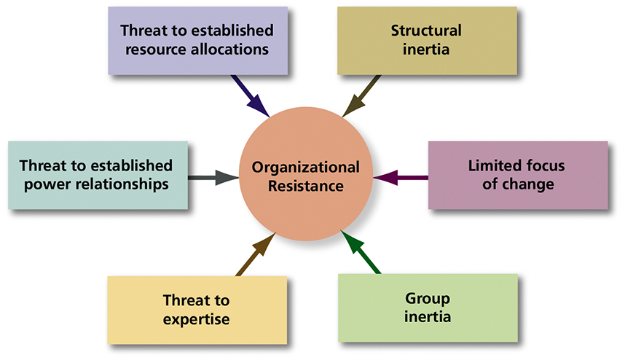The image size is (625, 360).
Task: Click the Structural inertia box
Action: click(427, 41)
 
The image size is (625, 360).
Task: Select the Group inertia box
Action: click(428, 308)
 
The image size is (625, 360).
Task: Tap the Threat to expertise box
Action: click(197, 310)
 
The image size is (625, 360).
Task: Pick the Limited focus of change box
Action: click(518, 175)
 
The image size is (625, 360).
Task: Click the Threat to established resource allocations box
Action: click(197, 41)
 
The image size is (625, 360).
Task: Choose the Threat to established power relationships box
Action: click(97, 175)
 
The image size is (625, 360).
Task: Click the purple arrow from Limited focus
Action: click(401, 177)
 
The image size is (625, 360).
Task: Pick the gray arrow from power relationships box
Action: click(213, 177)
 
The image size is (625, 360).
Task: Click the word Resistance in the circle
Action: click(306, 186)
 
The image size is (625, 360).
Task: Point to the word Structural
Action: click(426, 31)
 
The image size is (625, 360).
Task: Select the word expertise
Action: click(197, 319)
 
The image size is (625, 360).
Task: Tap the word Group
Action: click(428, 298)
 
